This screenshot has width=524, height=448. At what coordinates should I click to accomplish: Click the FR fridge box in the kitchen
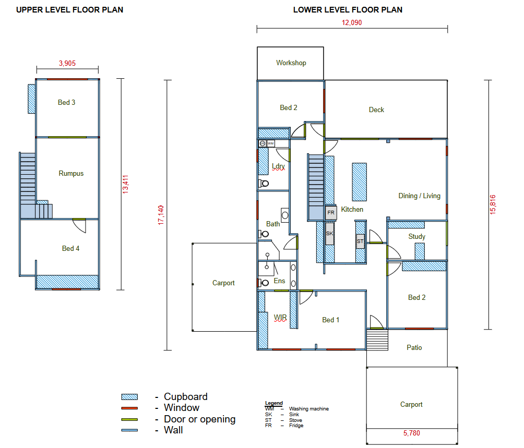[x=331, y=213]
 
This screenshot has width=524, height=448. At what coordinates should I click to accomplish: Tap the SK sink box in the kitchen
[x=329, y=233]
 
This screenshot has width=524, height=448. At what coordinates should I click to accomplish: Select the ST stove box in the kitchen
[x=360, y=241]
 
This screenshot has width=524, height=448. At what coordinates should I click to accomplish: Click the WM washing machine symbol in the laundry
[x=271, y=143]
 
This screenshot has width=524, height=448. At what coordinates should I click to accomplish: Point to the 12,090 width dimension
[x=352, y=23]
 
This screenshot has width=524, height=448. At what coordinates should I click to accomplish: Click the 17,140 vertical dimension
[x=161, y=215]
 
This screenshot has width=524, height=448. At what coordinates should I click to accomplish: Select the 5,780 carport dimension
[x=411, y=433]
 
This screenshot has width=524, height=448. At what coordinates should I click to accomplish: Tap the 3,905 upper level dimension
[x=67, y=63]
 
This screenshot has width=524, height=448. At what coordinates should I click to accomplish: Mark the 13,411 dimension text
[x=125, y=184]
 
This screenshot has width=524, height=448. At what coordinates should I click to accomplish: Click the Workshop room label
[x=291, y=63]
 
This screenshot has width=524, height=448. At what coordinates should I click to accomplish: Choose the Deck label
[x=376, y=110]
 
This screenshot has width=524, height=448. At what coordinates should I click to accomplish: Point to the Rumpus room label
[x=71, y=173]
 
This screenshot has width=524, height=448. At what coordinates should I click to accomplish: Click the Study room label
[x=416, y=237]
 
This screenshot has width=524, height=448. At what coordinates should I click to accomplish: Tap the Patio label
[x=414, y=347]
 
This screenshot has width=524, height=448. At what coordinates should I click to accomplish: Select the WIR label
[x=280, y=317]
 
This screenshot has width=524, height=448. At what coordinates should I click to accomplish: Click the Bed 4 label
[x=70, y=248]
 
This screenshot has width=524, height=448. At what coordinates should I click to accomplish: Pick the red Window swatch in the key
[x=129, y=408]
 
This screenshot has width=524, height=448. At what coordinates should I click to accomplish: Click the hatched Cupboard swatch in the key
[x=129, y=397]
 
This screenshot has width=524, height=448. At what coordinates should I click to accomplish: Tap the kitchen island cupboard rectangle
[x=359, y=182]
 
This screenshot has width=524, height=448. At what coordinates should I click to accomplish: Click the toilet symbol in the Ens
[x=264, y=283]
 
